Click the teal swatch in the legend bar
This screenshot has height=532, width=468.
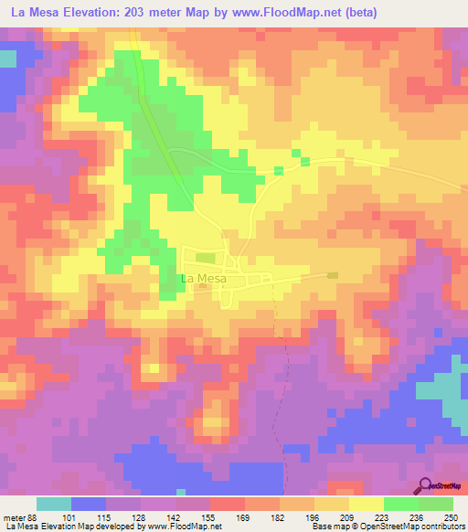click(54, 504)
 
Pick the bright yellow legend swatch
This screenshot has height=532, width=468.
click(367, 504)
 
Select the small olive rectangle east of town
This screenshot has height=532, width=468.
click(333, 274)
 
